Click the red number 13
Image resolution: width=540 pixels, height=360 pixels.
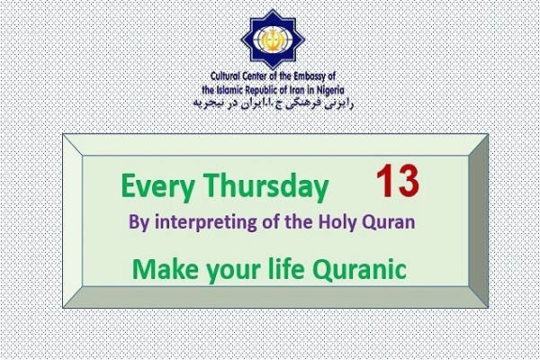pyautogui.click(x=398, y=181)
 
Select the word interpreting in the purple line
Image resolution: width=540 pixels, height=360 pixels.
pyautogui.click(x=206, y=222)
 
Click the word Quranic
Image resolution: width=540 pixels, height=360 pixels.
pyautogui.click(x=359, y=269)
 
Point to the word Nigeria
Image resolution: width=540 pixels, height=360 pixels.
pyautogui.click(x=330, y=91)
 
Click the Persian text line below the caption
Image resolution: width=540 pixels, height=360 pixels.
pyautogui.click(x=274, y=103)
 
